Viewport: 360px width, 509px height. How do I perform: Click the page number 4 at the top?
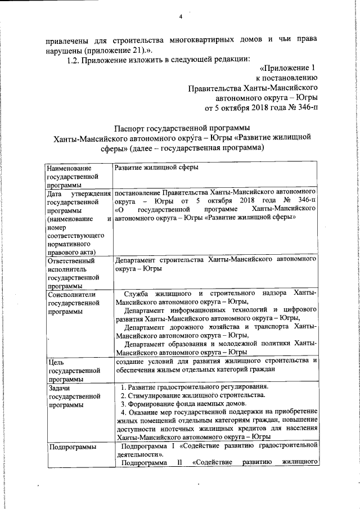181,17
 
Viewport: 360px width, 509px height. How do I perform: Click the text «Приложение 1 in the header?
285,68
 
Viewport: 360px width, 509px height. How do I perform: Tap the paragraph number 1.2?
73,57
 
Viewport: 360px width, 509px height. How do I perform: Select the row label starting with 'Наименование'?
70,168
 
